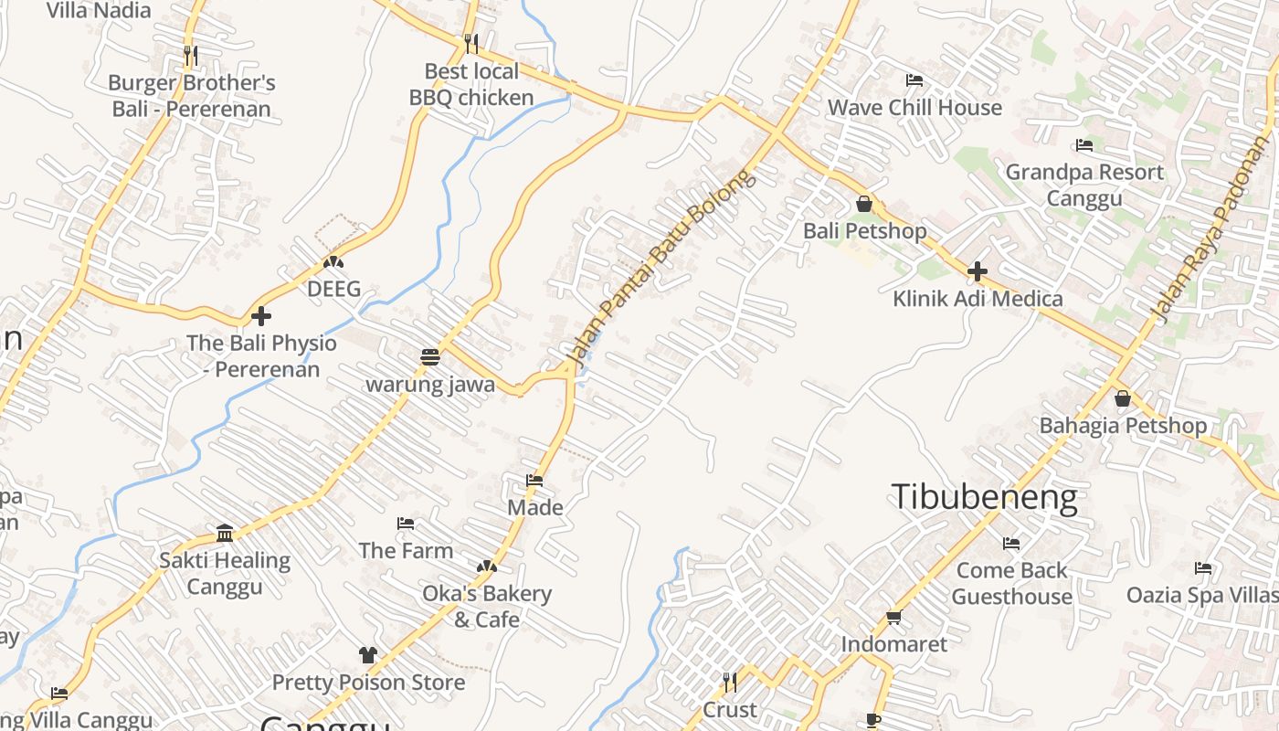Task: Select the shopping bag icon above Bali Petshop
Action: (x=864, y=204)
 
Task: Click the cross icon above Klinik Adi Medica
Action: (x=978, y=271)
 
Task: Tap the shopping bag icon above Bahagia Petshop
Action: (x=1123, y=398)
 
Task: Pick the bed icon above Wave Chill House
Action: (x=914, y=80)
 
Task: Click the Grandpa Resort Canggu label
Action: (x=1084, y=185)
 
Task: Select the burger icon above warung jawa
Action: (x=430, y=356)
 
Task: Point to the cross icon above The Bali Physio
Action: (x=261, y=316)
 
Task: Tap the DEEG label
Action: (x=333, y=289)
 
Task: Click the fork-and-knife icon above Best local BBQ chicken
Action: (x=470, y=43)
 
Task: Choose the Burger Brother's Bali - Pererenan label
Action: (x=192, y=96)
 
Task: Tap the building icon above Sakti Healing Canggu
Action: (x=225, y=533)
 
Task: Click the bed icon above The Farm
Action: (x=406, y=524)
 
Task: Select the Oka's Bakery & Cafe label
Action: (x=487, y=606)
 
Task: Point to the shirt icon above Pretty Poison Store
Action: (x=367, y=654)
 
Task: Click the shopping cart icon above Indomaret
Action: (x=893, y=617)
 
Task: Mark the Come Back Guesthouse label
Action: (x=1012, y=583)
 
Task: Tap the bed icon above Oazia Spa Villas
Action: (x=1203, y=568)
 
